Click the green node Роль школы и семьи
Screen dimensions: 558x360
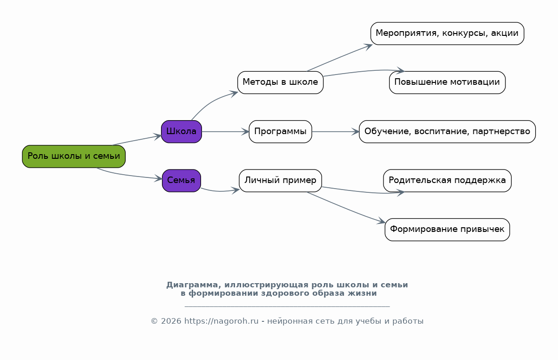click(x=74, y=156)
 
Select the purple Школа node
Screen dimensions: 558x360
click(x=182, y=132)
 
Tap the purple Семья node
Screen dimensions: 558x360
click(x=182, y=181)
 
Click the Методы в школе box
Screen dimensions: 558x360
click(x=281, y=82)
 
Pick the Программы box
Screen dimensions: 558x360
click(x=281, y=132)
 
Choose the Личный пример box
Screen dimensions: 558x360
click(x=281, y=181)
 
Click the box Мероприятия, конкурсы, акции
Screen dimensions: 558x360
click(x=447, y=34)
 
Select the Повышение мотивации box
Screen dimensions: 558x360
click(x=447, y=82)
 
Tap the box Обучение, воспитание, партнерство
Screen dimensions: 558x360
click(x=447, y=132)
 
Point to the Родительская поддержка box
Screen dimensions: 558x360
click(x=447, y=181)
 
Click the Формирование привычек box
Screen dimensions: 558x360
click(x=447, y=230)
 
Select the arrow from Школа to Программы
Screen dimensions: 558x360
click(x=225, y=132)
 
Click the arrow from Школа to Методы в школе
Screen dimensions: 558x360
click(x=211, y=102)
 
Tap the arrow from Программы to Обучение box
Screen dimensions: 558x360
click(x=336, y=132)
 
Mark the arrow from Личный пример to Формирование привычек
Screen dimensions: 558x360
click(x=346, y=208)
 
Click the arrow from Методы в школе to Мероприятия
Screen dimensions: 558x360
click(x=340, y=58)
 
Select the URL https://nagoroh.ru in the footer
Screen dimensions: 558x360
click(x=222, y=321)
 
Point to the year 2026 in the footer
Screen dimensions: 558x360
click(x=171, y=321)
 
